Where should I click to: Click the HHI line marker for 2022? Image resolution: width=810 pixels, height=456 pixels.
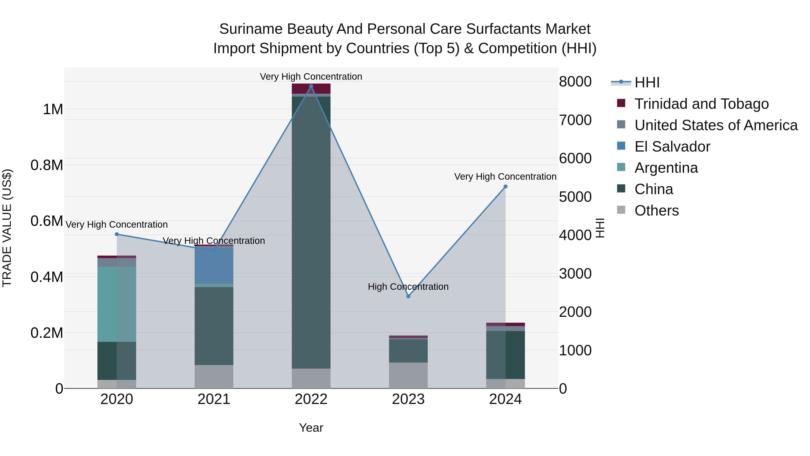point(311,86)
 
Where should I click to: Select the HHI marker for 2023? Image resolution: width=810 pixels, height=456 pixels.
point(408,296)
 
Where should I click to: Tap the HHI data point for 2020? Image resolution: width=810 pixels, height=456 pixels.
point(117,234)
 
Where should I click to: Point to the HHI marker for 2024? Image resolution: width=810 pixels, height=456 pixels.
point(505,187)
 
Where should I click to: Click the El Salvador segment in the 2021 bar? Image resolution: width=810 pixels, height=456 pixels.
point(214,266)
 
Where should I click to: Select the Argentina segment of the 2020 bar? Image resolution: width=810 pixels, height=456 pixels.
point(117,304)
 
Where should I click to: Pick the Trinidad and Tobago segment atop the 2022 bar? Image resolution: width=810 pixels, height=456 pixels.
point(311,88)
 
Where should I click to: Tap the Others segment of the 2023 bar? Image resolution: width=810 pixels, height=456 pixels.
point(408,375)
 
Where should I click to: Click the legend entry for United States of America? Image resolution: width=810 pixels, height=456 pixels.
point(716,125)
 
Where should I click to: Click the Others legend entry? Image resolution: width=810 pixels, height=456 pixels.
point(656,211)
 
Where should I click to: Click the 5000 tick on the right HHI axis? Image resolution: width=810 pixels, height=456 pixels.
point(575,197)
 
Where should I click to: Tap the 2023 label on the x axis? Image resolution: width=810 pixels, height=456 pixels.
point(408,399)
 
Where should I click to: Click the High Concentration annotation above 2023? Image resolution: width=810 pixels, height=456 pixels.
point(408,287)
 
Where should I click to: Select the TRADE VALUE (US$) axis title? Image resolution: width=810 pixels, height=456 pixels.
point(7,228)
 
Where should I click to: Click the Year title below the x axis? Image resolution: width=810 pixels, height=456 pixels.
point(311,428)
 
